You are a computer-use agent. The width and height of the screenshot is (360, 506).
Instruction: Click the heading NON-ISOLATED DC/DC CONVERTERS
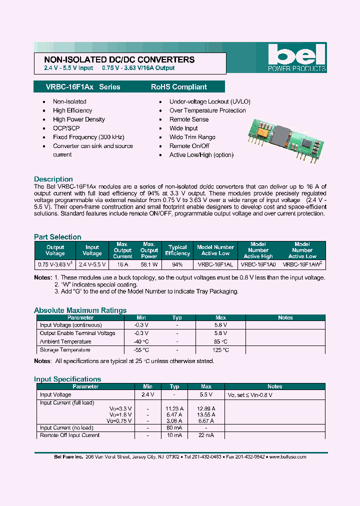pos(116,59)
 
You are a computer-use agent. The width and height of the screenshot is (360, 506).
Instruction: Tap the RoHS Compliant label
pos(178,87)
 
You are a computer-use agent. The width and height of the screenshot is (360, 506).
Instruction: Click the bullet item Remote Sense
pos(189,119)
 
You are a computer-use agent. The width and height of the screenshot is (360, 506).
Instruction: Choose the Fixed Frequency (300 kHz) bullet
pos(88,137)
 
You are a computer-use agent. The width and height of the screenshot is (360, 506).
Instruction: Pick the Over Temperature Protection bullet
pos(207,110)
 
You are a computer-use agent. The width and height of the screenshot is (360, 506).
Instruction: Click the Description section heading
pos(53,179)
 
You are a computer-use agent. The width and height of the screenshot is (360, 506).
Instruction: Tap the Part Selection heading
pos(57,237)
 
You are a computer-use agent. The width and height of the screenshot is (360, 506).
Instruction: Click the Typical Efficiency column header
pos(177,250)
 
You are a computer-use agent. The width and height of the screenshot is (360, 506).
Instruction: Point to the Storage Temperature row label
pos(65,350)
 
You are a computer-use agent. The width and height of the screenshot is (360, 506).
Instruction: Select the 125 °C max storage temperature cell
pos(220,350)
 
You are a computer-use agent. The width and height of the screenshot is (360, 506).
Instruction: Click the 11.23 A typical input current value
pos(174,408)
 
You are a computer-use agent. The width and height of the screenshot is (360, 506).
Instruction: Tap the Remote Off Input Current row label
pos(69,435)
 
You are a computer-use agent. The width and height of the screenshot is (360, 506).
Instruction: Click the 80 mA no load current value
pos(174,427)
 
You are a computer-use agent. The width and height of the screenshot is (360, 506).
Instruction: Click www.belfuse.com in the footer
pos(288,456)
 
